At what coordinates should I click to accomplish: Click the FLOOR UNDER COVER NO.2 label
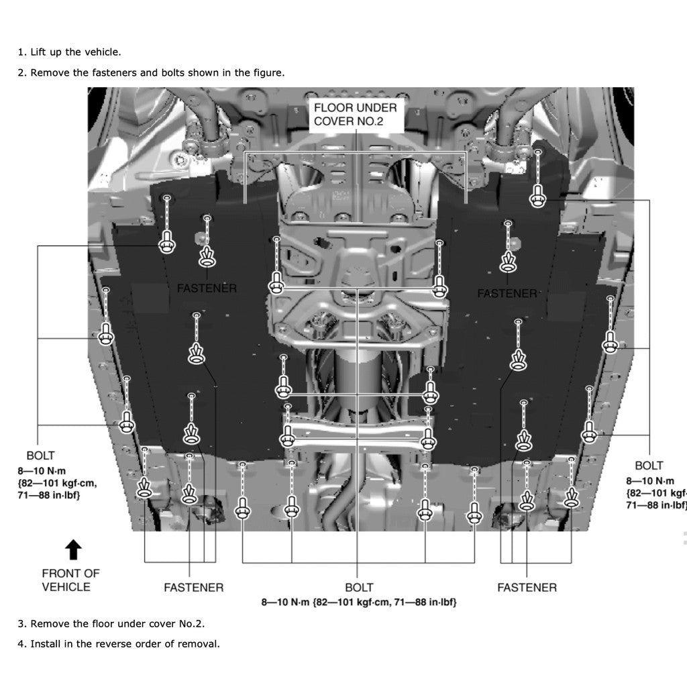tap(356, 114)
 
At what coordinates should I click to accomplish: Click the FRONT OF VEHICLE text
tap(70, 580)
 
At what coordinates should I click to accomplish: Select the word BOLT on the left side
tap(40, 456)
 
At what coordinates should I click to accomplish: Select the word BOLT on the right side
tap(649, 465)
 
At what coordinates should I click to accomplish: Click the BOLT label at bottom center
tap(359, 588)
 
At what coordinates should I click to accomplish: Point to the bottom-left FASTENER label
tap(193, 588)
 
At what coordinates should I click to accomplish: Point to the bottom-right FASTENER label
tap(527, 588)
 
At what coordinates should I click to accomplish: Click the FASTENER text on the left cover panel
tap(207, 288)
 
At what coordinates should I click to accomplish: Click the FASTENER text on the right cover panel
tap(507, 293)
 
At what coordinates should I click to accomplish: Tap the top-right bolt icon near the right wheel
tap(537, 196)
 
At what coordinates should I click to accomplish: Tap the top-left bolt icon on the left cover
tap(166, 243)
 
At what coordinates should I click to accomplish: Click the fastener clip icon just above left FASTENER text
tap(207, 256)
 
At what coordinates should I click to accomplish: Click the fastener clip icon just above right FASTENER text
tap(508, 262)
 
